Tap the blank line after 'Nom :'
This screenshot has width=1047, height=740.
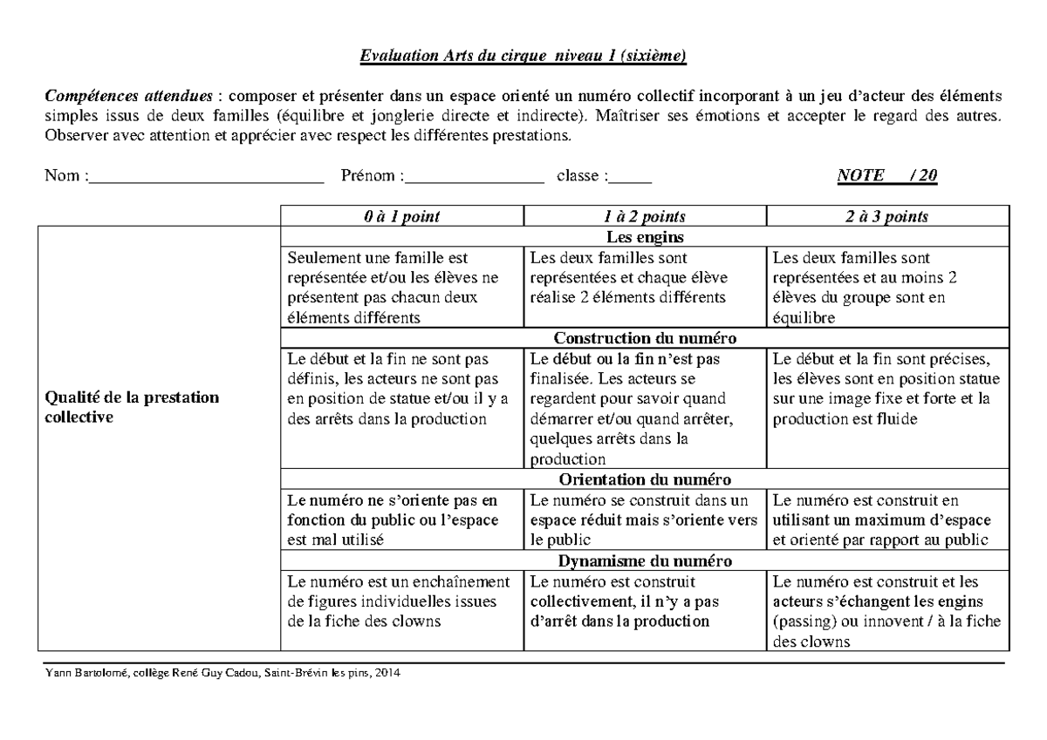(x=206, y=177)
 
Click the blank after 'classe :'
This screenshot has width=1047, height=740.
(x=630, y=177)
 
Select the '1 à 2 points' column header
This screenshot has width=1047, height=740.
(x=644, y=216)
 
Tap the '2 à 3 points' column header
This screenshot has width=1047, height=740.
(x=886, y=216)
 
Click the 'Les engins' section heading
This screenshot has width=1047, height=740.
(x=644, y=237)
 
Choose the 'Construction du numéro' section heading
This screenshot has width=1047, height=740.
(x=644, y=338)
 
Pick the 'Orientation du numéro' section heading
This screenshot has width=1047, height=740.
(x=644, y=479)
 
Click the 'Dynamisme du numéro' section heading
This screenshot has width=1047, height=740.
(x=644, y=560)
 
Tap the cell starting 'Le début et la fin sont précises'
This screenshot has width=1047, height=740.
(x=886, y=389)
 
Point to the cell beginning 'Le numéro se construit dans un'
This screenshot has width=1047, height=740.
(x=644, y=519)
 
